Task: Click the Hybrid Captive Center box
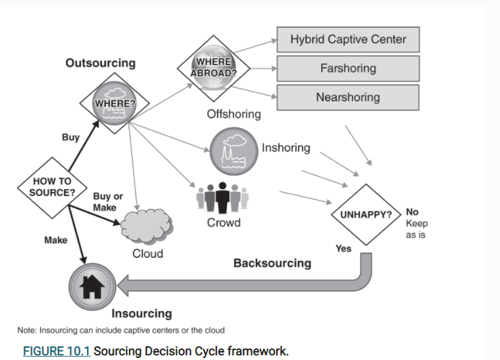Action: tap(348, 39)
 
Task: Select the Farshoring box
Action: tap(348, 69)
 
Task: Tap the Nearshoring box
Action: tap(348, 97)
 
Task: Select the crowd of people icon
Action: tap(222, 197)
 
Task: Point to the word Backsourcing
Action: tap(272, 263)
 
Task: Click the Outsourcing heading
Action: tap(100, 63)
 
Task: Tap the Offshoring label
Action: tap(233, 114)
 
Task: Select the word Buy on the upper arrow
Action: tap(71, 137)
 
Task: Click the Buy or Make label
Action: tap(104, 202)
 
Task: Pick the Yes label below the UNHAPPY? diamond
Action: tap(344, 248)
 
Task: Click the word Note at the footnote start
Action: tap(27, 331)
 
